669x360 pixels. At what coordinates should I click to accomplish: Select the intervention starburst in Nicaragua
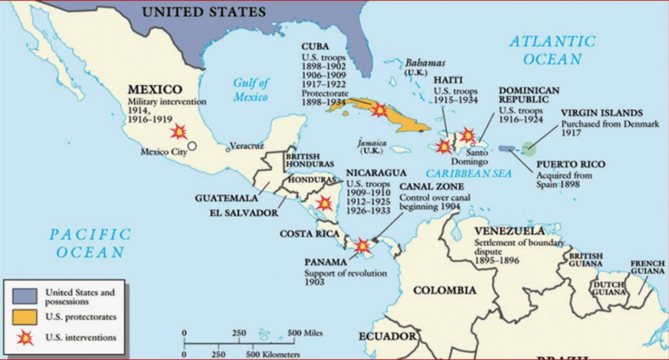point(325,203)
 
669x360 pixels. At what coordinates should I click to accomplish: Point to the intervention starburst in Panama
point(362,245)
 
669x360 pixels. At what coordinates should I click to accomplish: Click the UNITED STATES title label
point(204,11)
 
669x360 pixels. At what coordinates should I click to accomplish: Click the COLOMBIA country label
point(444,291)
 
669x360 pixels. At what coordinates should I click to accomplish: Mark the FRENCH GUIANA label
point(647,268)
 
